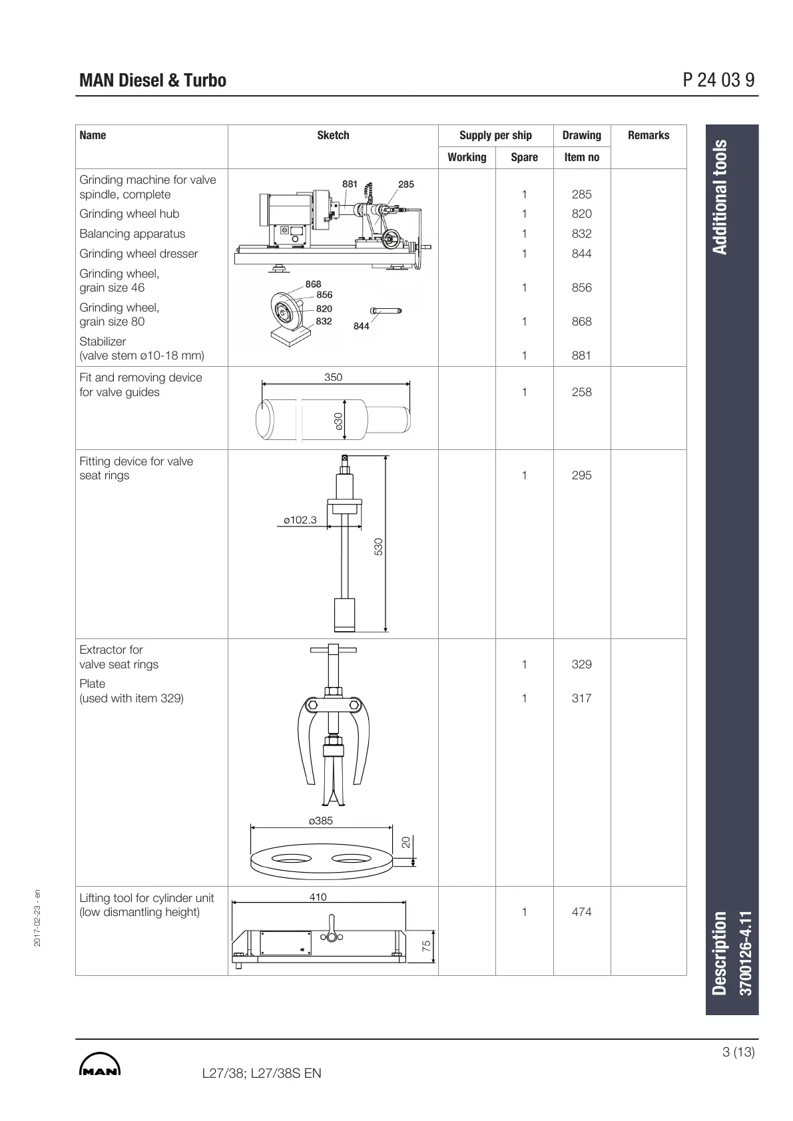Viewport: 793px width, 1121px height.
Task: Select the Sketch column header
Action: [x=333, y=135]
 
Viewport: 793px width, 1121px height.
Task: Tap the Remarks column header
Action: [x=648, y=135]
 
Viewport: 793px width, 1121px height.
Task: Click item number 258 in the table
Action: [x=581, y=392]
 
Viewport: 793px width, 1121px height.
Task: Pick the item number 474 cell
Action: [x=581, y=912]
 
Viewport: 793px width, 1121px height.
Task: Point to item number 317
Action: [x=581, y=698]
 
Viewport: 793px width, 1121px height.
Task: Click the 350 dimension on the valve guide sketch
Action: [x=333, y=377]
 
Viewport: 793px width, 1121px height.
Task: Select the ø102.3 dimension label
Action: [x=300, y=520]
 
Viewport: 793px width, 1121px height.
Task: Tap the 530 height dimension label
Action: [x=379, y=547]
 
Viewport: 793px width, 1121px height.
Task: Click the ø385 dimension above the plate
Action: [x=321, y=821]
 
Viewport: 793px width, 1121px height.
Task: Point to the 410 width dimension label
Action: [x=318, y=897]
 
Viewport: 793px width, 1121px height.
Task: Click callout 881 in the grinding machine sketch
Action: [x=350, y=184]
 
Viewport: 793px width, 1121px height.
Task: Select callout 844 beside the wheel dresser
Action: [x=361, y=326]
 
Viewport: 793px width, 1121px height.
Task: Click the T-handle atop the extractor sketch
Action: [x=333, y=650]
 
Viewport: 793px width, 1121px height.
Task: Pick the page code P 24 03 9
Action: [x=718, y=81]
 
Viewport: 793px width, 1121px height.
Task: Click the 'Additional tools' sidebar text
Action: [x=720, y=197]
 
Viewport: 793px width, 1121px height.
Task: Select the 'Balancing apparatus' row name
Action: [x=132, y=234]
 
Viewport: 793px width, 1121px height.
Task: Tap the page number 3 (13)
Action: [x=738, y=1052]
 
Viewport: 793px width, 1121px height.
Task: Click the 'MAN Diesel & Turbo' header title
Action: [x=152, y=81]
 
